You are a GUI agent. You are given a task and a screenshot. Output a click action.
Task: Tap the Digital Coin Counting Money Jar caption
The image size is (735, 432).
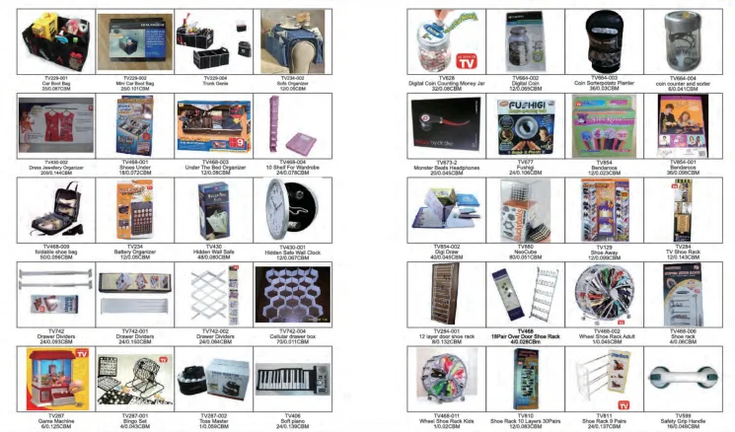pyautogui.click(x=440, y=82)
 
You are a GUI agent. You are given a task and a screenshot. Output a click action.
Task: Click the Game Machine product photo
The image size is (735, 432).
pyautogui.click(x=51, y=377)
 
